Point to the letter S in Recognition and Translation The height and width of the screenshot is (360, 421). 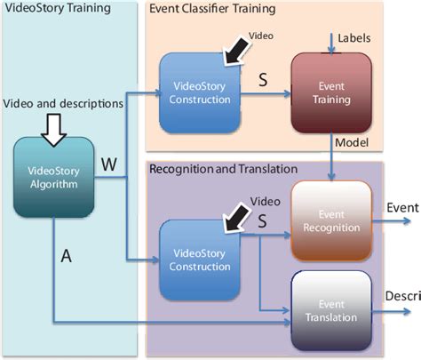(262, 225)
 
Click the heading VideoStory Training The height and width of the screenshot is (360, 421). (51, 10)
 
